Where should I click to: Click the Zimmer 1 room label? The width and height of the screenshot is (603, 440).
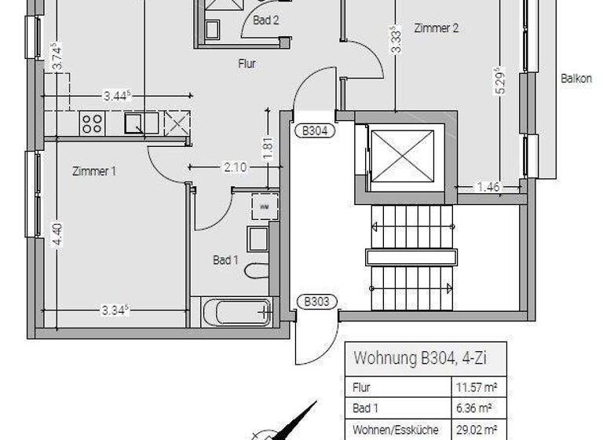[93, 170]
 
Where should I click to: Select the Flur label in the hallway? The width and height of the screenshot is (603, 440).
[247, 64]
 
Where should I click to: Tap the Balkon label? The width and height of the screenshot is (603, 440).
[576, 79]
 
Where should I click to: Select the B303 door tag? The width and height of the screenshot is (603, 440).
[317, 300]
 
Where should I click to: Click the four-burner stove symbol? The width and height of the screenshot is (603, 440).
[92, 123]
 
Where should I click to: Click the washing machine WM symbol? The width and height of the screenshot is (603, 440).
[264, 206]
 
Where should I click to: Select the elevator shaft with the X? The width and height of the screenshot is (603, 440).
[401, 156]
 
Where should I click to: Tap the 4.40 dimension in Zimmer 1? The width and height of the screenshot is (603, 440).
[56, 234]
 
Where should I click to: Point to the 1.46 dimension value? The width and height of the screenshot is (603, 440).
[489, 187]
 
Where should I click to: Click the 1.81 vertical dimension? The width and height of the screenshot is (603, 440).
[268, 148]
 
